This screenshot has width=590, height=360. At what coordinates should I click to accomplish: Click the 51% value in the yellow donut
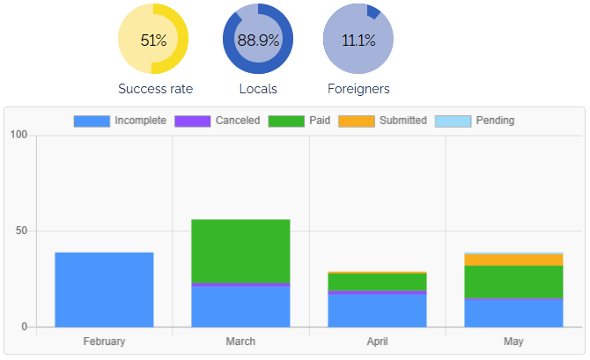point(153,40)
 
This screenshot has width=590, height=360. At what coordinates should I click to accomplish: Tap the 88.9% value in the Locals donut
point(258,40)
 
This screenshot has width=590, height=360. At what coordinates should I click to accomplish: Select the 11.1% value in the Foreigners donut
point(358,40)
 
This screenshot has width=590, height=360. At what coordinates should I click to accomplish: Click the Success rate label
point(155,89)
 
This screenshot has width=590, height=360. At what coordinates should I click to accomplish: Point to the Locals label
point(258,89)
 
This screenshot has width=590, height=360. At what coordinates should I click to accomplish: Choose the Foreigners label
point(358,89)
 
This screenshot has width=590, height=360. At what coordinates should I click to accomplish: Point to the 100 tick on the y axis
point(18,135)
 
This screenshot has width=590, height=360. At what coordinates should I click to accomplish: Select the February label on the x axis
point(104,342)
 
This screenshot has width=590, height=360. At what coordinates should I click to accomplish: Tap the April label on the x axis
point(377,342)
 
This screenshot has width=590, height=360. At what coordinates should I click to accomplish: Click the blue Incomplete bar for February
point(104,290)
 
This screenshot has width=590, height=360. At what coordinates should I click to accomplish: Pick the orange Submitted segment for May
point(513,261)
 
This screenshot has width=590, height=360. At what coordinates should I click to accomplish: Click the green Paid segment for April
point(377,282)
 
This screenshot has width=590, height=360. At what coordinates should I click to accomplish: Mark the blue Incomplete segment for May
point(513,313)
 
